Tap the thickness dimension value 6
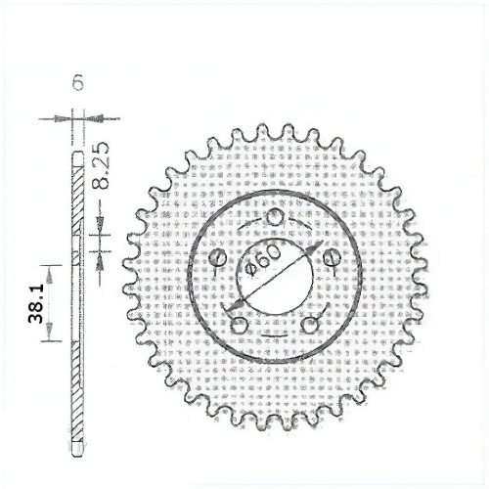[76, 85]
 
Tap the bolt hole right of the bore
[330, 257]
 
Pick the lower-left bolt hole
[237, 320]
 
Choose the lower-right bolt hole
[311, 321]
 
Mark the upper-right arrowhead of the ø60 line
[314, 247]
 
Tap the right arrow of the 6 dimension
[90, 118]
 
